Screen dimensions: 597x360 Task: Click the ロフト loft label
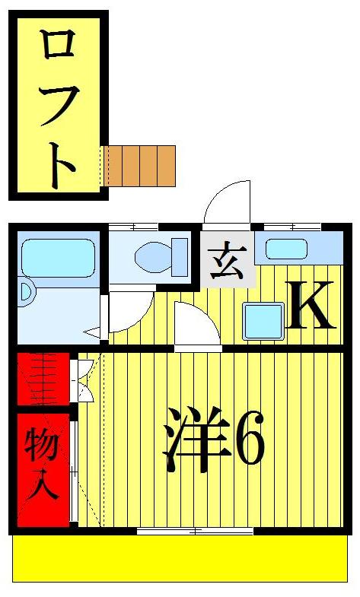pos(58,106)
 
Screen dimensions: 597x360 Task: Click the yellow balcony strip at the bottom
pos(180,559)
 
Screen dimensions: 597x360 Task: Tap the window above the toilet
pos(133,227)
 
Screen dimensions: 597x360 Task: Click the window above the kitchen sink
pos(292,227)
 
